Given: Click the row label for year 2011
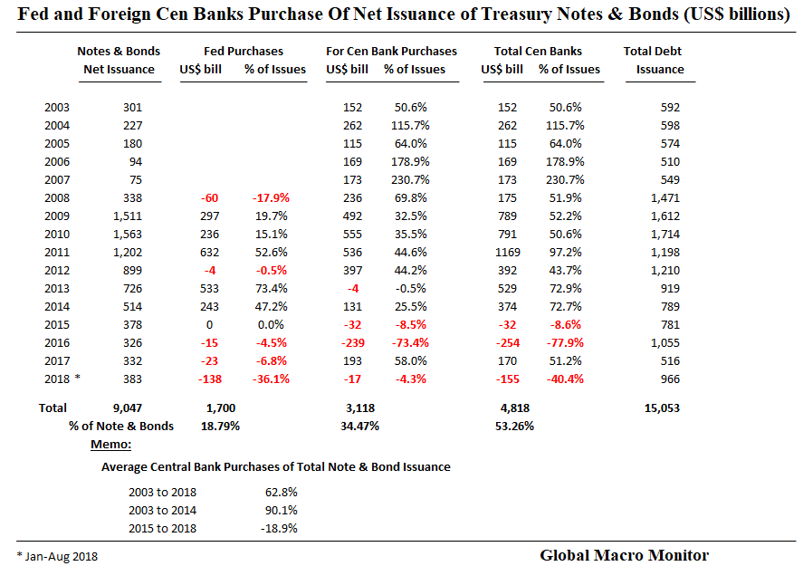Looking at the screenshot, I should click(57, 252).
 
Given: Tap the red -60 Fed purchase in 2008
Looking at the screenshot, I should click(210, 197).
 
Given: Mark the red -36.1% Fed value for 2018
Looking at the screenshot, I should click(270, 379).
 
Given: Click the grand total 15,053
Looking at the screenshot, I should click(661, 408).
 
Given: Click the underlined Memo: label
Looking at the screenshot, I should click(111, 445).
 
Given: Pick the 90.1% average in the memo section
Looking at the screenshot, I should click(279, 510).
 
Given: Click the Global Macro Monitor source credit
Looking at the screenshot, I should click(624, 554).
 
